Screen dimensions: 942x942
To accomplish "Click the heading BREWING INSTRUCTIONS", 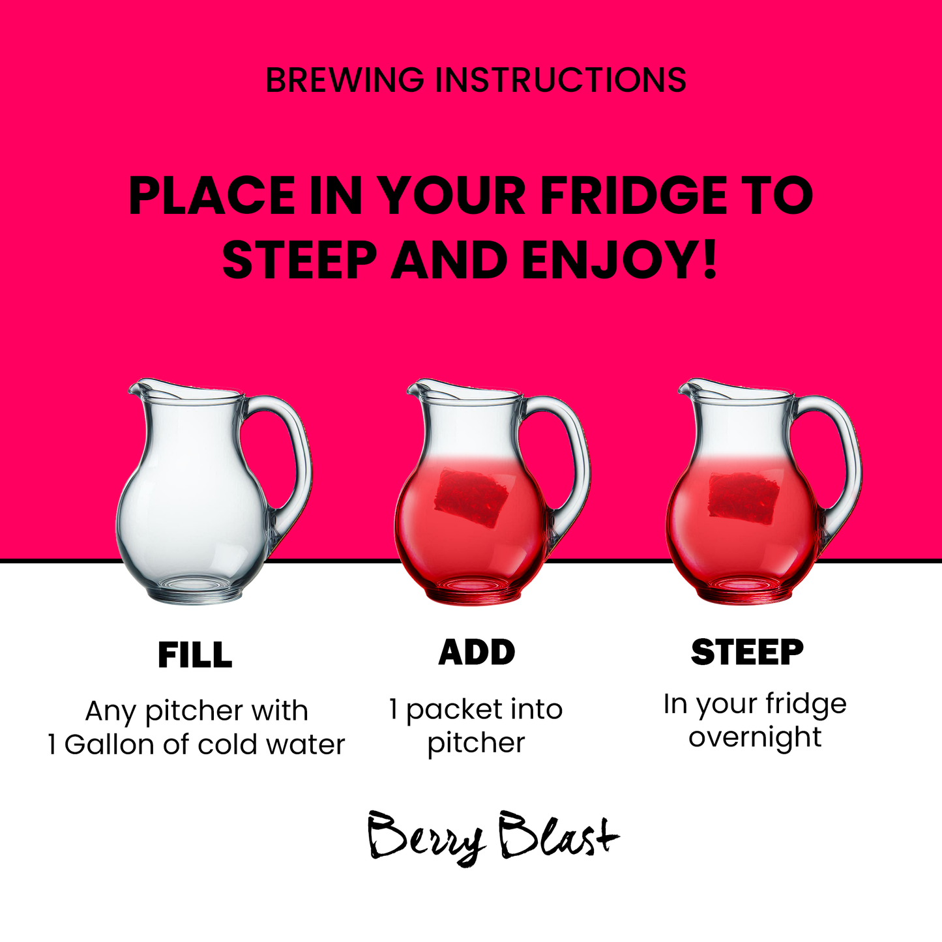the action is tap(476, 80).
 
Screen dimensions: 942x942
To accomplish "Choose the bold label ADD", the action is tap(477, 652).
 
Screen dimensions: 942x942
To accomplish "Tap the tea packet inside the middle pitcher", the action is tap(471, 498).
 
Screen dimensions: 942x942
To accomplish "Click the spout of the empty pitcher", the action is tap(140, 389).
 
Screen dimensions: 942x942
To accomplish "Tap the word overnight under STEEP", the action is tap(755, 738).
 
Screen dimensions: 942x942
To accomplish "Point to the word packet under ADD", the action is tap(450, 711).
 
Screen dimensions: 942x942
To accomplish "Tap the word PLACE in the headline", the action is tap(212, 196).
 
